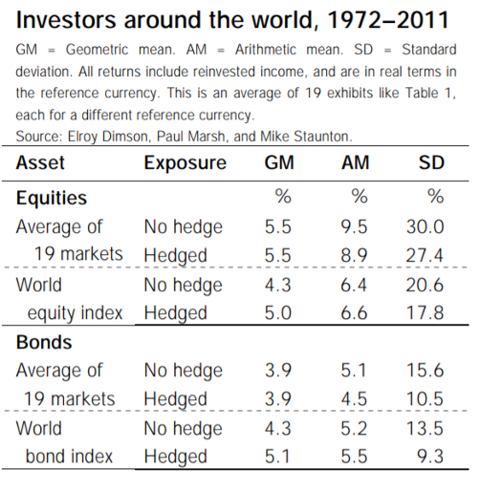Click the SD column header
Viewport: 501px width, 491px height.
431,162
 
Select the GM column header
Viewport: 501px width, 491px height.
279,162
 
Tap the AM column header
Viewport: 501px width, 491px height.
355,162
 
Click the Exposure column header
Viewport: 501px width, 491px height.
185,163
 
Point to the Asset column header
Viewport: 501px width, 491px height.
40,162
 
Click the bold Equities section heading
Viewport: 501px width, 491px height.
52,199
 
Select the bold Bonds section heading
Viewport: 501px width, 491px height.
44,342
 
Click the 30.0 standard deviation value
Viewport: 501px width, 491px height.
425,227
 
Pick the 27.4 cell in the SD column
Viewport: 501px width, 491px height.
425,255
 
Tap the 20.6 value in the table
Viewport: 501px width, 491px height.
425,285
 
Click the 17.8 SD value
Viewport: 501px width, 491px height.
425,312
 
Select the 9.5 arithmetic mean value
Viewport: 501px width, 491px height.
354,227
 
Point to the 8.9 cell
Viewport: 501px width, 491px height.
354,255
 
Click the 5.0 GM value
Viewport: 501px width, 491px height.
278,312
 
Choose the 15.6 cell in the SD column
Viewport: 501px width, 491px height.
425,371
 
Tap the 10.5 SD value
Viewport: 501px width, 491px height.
425,399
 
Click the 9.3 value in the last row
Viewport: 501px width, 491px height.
430,457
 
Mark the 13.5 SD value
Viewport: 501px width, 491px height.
425,428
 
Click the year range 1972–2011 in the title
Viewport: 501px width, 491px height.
388,20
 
